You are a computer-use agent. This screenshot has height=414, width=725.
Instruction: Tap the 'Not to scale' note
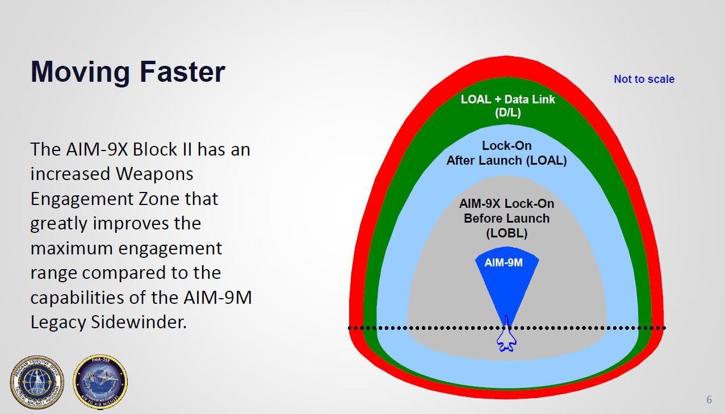pos(644,80)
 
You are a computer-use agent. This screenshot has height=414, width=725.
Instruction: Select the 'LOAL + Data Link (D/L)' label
pos(508,106)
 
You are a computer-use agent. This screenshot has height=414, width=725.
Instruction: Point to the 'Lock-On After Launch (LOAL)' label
pos(506,153)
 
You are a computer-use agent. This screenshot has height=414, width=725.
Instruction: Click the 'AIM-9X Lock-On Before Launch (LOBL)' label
pos(506,218)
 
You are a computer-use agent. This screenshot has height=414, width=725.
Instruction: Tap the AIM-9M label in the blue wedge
pos(504,263)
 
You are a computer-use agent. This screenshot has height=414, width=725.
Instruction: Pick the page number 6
pos(709,400)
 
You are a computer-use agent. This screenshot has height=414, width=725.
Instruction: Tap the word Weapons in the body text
pos(154,174)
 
